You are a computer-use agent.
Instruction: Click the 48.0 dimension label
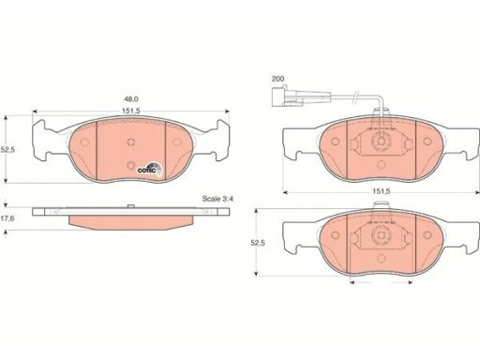point(131,99)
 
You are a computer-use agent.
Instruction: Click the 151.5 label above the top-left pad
point(131,111)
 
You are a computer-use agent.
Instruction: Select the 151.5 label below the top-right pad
point(382,191)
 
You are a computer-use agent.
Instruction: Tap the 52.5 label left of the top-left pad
point(7,150)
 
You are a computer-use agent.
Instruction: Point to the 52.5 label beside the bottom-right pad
point(258,243)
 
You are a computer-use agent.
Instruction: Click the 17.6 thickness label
point(7,218)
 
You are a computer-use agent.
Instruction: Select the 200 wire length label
point(277,79)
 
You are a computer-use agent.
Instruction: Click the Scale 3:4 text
point(217,199)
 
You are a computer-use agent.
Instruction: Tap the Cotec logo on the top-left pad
point(150,169)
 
